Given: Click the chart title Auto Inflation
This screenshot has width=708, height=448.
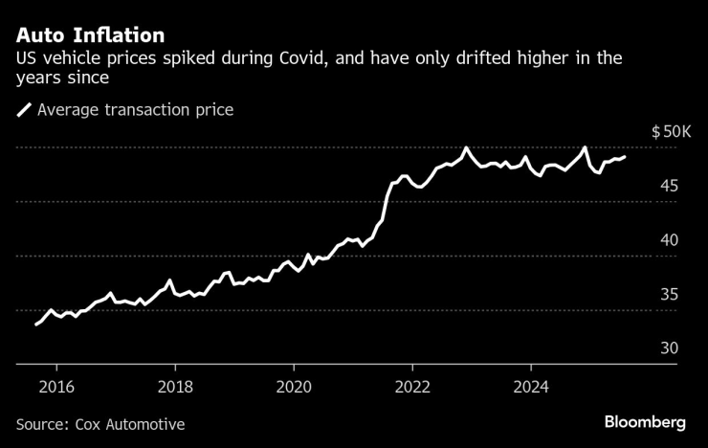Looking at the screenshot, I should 90,35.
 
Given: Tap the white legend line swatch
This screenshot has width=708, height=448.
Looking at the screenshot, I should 23,110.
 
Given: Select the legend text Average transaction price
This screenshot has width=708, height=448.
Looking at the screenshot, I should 135,110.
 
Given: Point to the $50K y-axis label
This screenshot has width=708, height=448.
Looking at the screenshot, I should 670,131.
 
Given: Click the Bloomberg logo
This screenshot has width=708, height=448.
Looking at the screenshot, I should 645,422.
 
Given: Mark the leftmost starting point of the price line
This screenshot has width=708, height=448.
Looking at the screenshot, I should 36,325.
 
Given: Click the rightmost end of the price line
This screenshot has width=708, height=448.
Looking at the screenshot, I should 625,157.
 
